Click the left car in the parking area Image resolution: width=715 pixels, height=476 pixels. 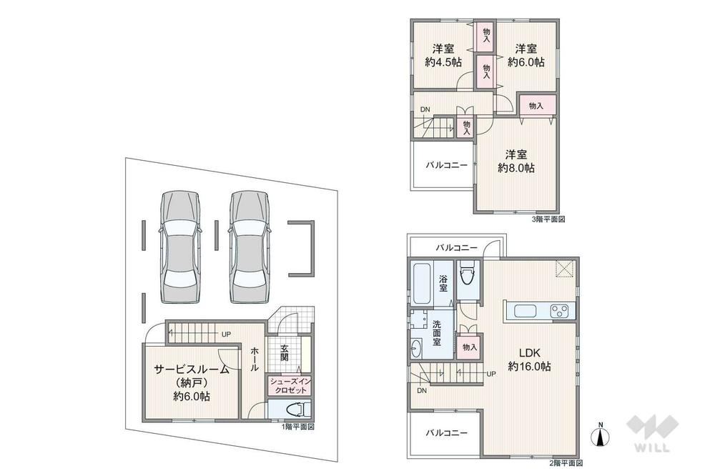pyautogui.click(x=180, y=247)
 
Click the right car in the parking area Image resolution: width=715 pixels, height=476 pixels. pyautogui.click(x=249, y=247)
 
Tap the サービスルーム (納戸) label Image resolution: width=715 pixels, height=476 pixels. pyautogui.click(x=192, y=382)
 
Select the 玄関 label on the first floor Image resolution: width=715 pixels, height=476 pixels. pyautogui.click(x=284, y=353)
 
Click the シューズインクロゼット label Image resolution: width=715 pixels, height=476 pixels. pyautogui.click(x=290, y=386)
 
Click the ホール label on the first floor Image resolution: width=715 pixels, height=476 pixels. pyautogui.click(x=255, y=360)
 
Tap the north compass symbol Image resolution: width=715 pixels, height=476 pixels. pyautogui.click(x=601, y=435)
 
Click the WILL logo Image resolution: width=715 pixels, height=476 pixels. pyautogui.click(x=652, y=433)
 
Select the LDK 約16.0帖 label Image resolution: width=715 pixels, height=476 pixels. pyautogui.click(x=529, y=360)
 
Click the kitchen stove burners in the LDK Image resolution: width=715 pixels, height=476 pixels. pyautogui.click(x=559, y=311)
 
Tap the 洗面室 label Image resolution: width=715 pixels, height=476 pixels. pyautogui.click(x=437, y=333)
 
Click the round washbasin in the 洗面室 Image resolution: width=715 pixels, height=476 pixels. pyautogui.click(x=416, y=349)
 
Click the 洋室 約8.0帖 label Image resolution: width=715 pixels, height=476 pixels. pyautogui.click(x=516, y=161)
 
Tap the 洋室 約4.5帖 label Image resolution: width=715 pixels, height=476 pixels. pyautogui.click(x=443, y=55)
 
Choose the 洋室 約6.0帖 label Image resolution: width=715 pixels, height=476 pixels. pyautogui.click(x=526, y=55)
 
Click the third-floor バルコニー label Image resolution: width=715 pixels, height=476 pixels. pyautogui.click(x=447, y=165)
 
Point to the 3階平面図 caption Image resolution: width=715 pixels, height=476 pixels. pyautogui.click(x=548, y=219)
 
